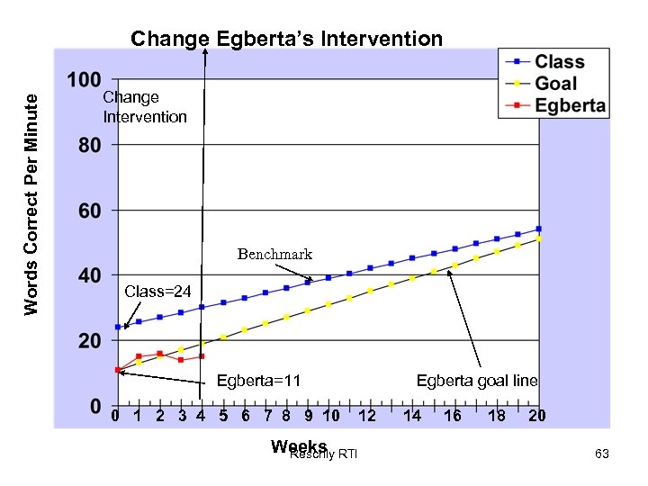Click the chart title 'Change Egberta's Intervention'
click(286, 39)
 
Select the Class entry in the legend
click(559, 62)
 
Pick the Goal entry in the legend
click(556, 84)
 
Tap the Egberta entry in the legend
click(570, 104)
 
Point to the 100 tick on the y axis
click(84, 79)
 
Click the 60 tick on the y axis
click(88, 211)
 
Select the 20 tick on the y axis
click(88, 341)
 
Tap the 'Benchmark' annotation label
click(274, 254)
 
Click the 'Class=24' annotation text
click(157, 291)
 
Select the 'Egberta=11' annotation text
click(258, 381)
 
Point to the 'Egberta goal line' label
click(477, 381)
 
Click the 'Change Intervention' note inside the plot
click(144, 107)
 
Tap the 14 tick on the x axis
click(412, 416)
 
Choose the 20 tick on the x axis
click(537, 416)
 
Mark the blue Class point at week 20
click(538, 229)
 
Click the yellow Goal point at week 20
click(538, 239)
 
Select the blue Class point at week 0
click(117, 327)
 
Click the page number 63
click(602, 454)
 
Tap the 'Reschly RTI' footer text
click(324, 454)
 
